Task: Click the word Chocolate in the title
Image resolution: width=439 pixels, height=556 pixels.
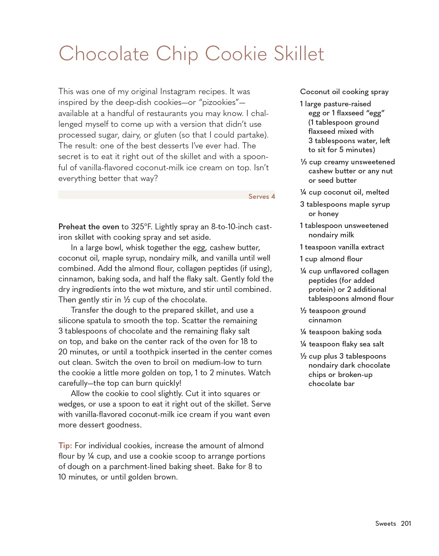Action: click(x=103, y=54)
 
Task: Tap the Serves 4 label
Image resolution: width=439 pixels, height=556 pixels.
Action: click(x=262, y=196)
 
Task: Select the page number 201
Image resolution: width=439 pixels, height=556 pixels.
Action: click(x=406, y=523)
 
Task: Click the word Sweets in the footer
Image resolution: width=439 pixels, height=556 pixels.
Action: click(x=386, y=523)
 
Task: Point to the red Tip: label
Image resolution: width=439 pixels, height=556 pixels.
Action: click(x=65, y=445)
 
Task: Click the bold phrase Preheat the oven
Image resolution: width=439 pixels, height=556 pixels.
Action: click(x=89, y=227)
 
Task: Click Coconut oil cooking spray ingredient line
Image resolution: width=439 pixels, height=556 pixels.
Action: click(x=344, y=92)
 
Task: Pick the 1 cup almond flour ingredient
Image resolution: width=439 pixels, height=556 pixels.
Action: click(x=331, y=259)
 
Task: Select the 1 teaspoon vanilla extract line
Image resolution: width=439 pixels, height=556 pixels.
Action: click(x=342, y=247)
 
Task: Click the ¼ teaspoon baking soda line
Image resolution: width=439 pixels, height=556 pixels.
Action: click(x=341, y=332)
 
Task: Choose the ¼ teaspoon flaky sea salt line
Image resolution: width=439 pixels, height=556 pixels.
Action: click(x=342, y=344)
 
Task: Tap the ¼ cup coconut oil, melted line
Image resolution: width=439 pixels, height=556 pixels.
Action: click(x=345, y=192)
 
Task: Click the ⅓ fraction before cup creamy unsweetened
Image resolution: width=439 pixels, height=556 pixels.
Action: click(x=303, y=162)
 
